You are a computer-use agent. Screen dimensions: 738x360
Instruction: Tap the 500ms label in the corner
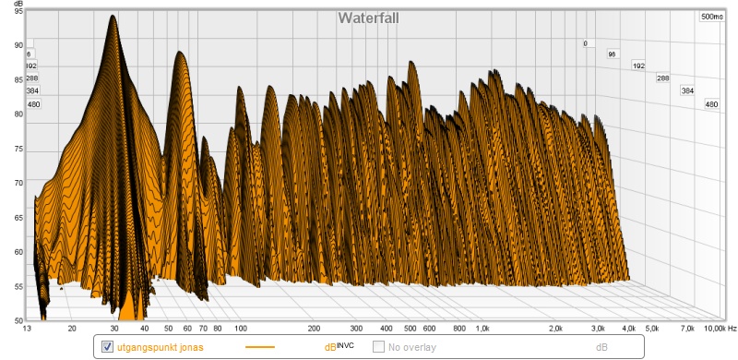[x=711, y=17]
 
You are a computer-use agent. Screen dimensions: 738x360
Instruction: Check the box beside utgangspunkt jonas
[x=107, y=347]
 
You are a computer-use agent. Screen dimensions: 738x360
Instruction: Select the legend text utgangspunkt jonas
[x=161, y=348]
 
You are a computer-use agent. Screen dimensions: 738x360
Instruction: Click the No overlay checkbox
[x=378, y=347]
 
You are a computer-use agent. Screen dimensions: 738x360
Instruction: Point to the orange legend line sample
[x=260, y=347]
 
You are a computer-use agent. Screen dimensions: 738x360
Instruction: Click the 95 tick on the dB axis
[x=18, y=12]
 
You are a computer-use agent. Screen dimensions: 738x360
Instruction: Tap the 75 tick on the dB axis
[x=18, y=150]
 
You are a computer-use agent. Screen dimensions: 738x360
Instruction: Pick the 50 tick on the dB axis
[x=18, y=320]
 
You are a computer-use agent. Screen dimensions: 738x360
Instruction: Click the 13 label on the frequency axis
[x=30, y=329]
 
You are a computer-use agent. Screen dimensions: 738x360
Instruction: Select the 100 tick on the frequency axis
[x=241, y=329]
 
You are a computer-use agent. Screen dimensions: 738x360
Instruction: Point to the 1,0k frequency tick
[x=482, y=329]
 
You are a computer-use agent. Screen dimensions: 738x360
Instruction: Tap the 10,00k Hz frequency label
[x=718, y=329]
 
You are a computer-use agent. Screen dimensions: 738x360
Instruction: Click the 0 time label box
[x=586, y=43]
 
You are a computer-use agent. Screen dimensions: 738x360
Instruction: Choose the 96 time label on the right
[x=612, y=54]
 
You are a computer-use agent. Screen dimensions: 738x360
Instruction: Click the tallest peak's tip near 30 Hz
[x=113, y=15]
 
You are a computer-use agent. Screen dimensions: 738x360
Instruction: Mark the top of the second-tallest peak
[x=179, y=52]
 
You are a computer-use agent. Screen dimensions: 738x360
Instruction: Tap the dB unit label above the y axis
[x=18, y=4]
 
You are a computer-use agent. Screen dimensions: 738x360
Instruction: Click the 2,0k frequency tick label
[x=555, y=329]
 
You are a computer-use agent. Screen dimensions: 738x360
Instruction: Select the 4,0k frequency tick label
[x=629, y=329]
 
